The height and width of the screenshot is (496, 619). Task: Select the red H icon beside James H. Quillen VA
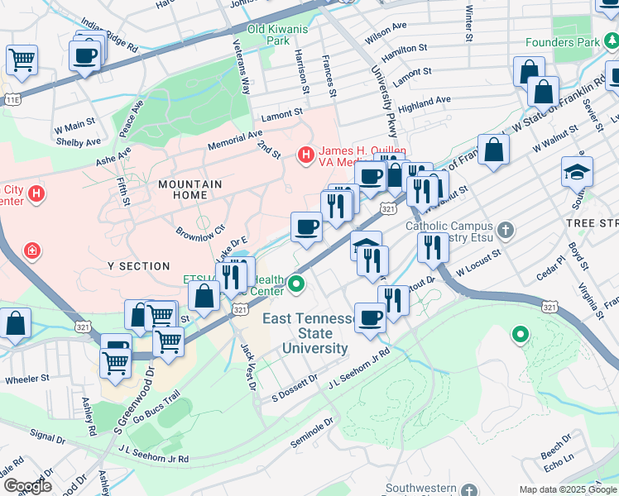pos(305,154)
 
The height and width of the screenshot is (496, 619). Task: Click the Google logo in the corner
pos(26,486)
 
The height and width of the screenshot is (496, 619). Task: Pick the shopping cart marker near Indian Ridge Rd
pos(22,59)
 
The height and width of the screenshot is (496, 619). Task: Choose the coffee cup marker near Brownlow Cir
pos(306,227)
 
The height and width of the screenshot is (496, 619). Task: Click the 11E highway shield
pos(12,99)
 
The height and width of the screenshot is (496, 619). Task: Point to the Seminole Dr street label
pos(311,432)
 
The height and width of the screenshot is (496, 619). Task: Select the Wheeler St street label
pos(28,380)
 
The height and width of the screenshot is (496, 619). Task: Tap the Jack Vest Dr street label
pos(247,367)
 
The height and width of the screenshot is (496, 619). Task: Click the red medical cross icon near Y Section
pos(31,250)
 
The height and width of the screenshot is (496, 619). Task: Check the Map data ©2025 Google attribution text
pos(567,489)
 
